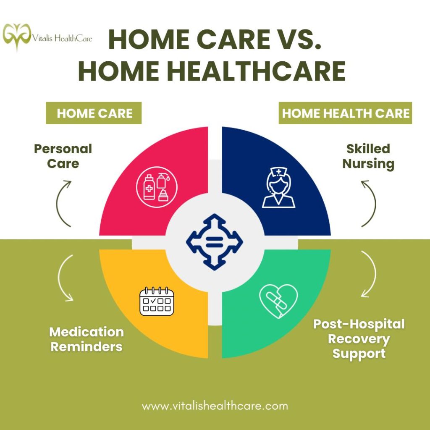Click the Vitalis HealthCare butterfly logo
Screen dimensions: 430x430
(x=17, y=37)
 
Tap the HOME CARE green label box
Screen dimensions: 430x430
(x=94, y=113)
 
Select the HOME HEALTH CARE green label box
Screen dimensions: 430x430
(x=345, y=113)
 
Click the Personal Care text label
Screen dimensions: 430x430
(x=63, y=156)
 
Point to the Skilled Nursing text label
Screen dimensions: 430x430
(x=368, y=156)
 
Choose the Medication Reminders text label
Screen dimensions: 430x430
(x=87, y=339)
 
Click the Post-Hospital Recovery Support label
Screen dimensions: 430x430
(x=359, y=339)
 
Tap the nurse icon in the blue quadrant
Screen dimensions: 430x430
(x=278, y=188)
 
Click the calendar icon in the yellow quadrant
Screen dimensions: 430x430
(x=157, y=301)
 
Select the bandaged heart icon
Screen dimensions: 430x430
(x=278, y=301)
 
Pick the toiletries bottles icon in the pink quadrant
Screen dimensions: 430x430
(x=157, y=187)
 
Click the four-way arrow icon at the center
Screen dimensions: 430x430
(x=215, y=242)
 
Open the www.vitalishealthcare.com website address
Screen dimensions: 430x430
(x=215, y=406)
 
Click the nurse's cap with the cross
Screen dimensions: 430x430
(x=278, y=173)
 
